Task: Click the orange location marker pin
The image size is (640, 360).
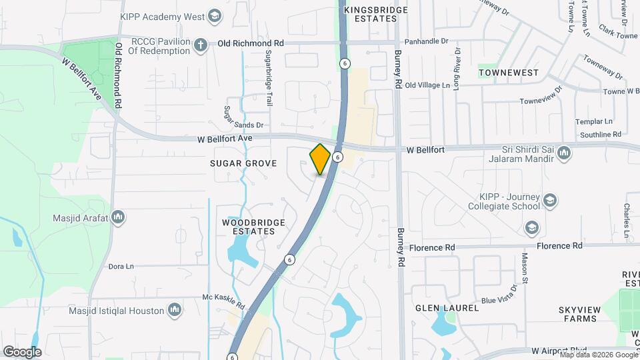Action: (321, 159)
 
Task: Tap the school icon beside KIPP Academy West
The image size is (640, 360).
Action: (215, 15)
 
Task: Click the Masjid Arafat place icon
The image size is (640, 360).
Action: (119, 217)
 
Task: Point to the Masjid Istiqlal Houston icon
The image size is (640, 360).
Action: (175, 310)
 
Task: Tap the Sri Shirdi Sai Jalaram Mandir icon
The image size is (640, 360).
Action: (564, 154)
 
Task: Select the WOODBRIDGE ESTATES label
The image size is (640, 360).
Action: (253, 226)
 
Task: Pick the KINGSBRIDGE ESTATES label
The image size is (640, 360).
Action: (370, 15)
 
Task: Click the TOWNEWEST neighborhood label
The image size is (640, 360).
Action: (509, 71)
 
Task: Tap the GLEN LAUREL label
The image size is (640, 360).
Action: (447, 308)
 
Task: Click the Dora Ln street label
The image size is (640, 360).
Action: (121, 265)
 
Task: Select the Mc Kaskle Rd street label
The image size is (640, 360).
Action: (225, 301)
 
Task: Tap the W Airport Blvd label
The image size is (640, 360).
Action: (559, 351)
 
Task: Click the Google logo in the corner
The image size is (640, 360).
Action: (22, 351)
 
